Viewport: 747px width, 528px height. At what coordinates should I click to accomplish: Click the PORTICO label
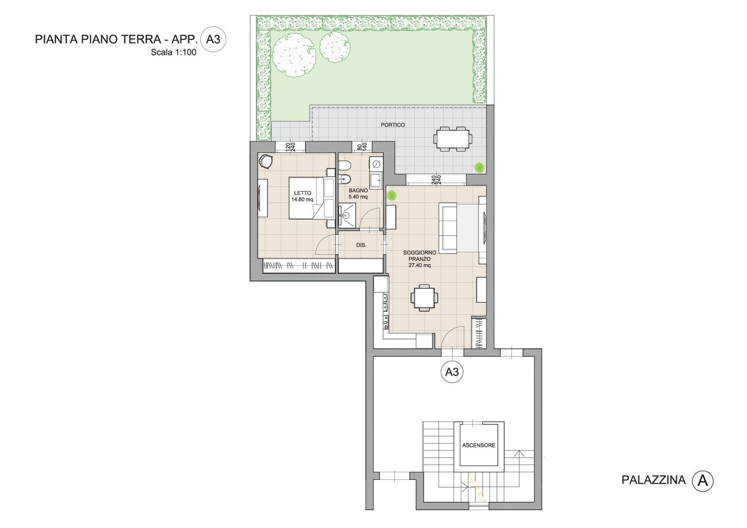pos(393,125)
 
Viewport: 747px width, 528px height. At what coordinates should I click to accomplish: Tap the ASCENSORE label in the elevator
pos(479,445)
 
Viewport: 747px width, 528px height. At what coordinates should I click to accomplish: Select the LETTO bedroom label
pos(302,193)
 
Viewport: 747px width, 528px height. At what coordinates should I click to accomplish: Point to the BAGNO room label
pos(358,190)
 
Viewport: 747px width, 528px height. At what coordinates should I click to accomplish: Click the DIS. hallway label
pos(361,245)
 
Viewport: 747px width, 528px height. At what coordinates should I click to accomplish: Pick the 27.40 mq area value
pos(419,265)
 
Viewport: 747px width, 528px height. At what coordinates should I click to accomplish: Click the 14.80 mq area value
pos(302,199)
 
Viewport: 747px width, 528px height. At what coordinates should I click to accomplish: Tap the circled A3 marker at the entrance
pos(451,372)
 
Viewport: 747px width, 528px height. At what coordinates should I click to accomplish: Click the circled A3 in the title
pos(213,40)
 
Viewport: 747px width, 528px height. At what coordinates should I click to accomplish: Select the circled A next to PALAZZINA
pos(702,481)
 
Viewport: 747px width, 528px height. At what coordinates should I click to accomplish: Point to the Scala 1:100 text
pos(174,53)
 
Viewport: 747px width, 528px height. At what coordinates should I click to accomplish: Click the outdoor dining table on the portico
pos(453,138)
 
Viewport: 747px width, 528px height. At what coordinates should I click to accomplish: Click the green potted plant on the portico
pos(480,167)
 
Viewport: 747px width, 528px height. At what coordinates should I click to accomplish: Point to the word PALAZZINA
pos(654,480)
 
